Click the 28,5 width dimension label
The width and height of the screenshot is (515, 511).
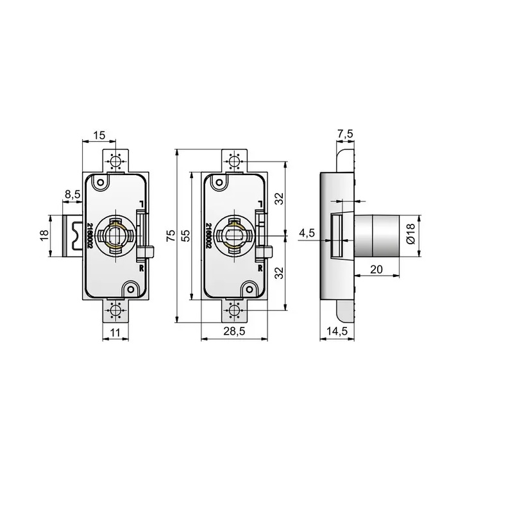pos(234,331)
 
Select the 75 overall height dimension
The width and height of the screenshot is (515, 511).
pos(171,236)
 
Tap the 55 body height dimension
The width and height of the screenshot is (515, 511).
pos(186,236)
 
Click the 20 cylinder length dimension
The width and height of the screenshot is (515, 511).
pos(376,269)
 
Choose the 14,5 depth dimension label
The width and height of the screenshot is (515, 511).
pos(337,331)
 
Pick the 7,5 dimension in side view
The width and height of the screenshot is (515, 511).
pos(345,133)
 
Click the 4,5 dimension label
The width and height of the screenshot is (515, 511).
pos(307,233)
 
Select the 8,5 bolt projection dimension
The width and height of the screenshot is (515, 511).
pos(72,194)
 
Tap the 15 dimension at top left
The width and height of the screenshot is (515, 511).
pos(99,135)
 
